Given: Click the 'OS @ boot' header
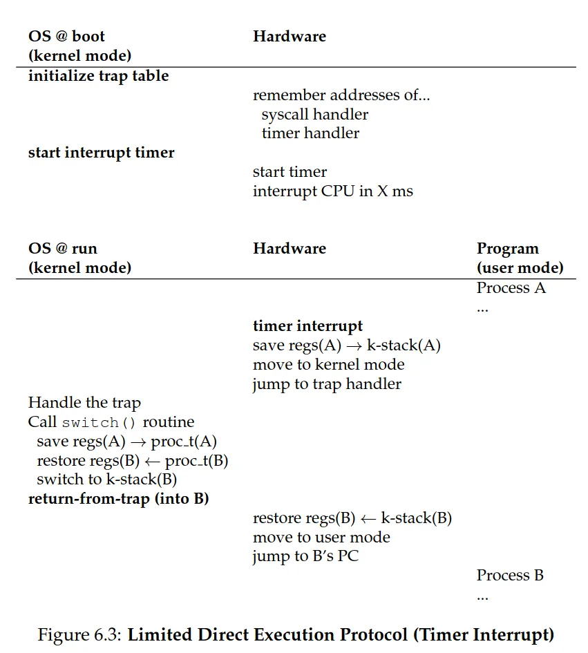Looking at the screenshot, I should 66,36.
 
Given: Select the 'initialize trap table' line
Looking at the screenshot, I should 98,76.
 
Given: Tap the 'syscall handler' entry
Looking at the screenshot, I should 314,114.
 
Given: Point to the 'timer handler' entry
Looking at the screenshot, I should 310,133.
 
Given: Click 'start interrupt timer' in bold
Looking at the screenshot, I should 101,153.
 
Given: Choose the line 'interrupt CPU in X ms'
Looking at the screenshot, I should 332,191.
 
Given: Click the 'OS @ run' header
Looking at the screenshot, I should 63,249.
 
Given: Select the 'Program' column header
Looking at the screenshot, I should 507,249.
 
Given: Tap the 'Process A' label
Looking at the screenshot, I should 511,287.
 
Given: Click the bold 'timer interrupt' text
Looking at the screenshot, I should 307,326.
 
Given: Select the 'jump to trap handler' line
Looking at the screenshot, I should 327,384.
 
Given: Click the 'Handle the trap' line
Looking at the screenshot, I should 84,403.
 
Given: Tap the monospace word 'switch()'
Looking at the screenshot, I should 99,423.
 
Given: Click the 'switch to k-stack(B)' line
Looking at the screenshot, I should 106,480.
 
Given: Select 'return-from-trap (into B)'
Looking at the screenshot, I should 118,498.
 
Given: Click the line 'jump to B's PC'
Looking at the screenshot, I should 305,556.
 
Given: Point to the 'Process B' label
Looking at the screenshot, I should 510,575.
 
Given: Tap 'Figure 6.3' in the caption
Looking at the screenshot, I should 80,634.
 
